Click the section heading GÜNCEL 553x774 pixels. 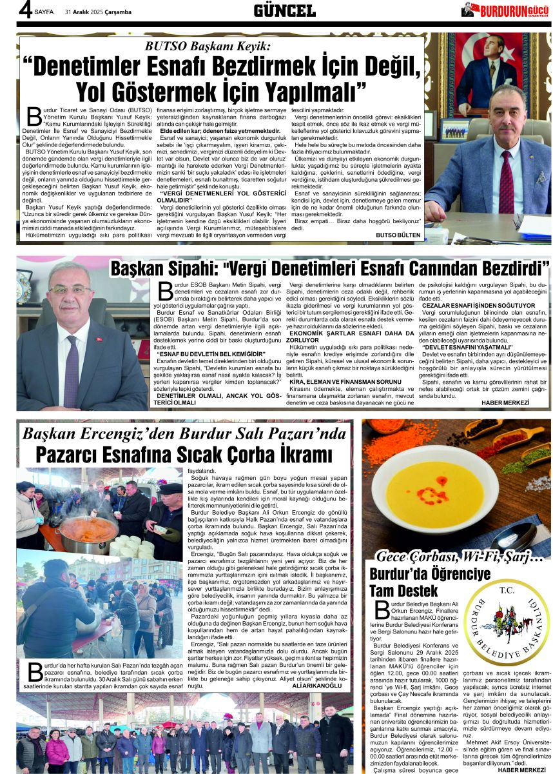point(284,10)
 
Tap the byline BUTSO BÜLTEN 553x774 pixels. point(398,235)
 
